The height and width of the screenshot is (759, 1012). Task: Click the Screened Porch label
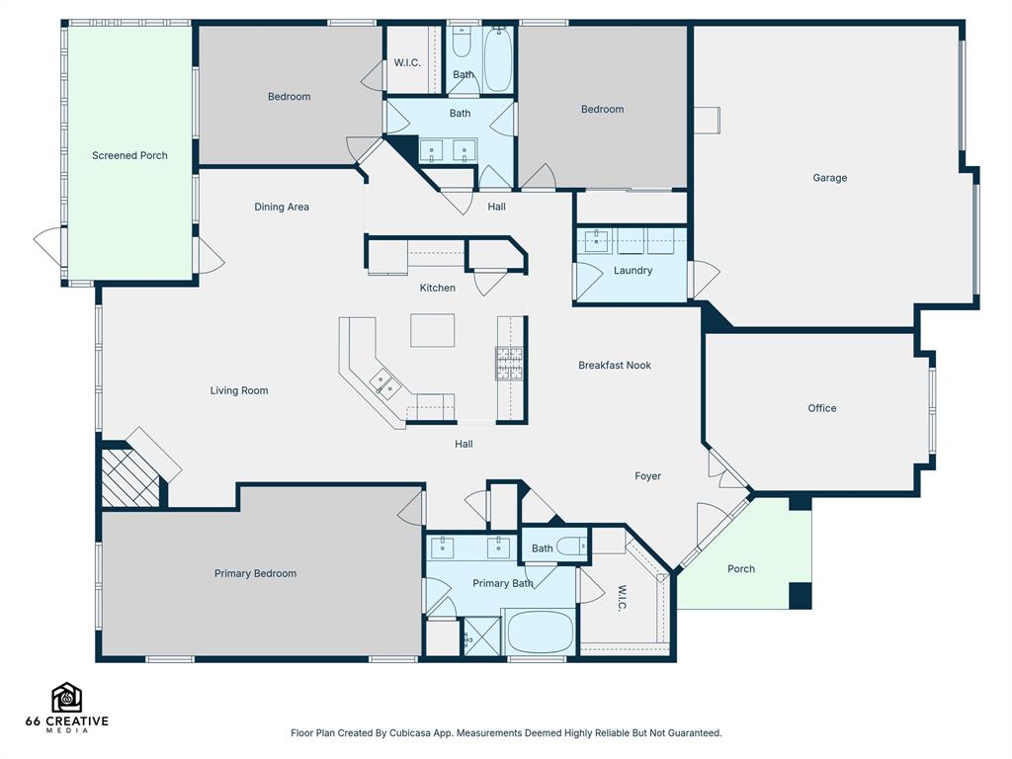(129, 155)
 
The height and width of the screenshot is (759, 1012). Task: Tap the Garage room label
(830, 178)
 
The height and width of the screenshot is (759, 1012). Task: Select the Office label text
(822, 408)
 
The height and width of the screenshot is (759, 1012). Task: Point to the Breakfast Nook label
(615, 366)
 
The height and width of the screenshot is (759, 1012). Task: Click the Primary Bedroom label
(256, 573)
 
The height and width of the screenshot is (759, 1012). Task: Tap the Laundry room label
(632, 271)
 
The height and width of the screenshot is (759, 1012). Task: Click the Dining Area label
(282, 208)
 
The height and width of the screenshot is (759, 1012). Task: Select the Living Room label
(239, 390)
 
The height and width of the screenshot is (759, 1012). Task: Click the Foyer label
(648, 476)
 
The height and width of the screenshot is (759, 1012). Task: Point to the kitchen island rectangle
(433, 330)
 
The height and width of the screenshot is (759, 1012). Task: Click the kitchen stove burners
(509, 363)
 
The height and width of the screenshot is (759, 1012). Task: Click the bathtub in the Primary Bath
(541, 632)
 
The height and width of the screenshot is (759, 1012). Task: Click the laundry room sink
(596, 241)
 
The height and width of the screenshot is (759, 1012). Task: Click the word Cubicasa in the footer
(410, 733)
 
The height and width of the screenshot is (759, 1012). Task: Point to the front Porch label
(741, 569)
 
